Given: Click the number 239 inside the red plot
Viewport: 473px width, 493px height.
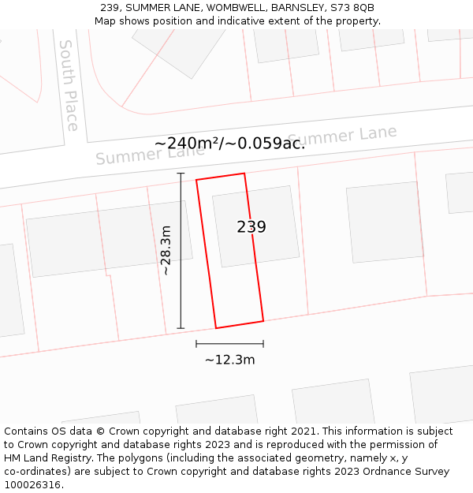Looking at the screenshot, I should [251, 227].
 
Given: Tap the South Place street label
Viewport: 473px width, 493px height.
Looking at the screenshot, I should [69, 85].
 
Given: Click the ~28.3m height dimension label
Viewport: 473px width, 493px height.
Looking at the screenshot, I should [166, 250].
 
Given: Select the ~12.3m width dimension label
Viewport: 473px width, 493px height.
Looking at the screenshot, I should [229, 360].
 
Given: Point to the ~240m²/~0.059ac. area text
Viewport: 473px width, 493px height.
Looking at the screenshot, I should [229, 144].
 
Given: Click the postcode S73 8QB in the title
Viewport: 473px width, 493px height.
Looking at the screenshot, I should [353, 8].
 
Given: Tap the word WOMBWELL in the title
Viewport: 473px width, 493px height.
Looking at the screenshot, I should [236, 8].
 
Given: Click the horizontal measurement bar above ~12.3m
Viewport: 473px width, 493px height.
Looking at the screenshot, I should [229, 344].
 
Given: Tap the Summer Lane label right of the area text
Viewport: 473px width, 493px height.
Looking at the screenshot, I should [343, 136].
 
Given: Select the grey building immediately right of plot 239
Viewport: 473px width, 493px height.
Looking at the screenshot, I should [384, 222].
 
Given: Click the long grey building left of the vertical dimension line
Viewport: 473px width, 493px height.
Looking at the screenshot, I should [109, 237].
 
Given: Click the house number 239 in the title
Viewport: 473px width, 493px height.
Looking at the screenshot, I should [110, 8].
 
